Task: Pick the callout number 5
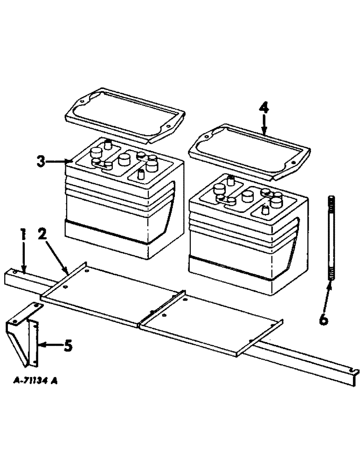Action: pyautogui.click(x=68, y=346)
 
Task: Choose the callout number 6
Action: pyautogui.click(x=324, y=320)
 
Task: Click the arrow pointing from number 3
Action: pyautogui.click(x=58, y=162)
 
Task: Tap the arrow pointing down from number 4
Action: pyautogui.click(x=264, y=125)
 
